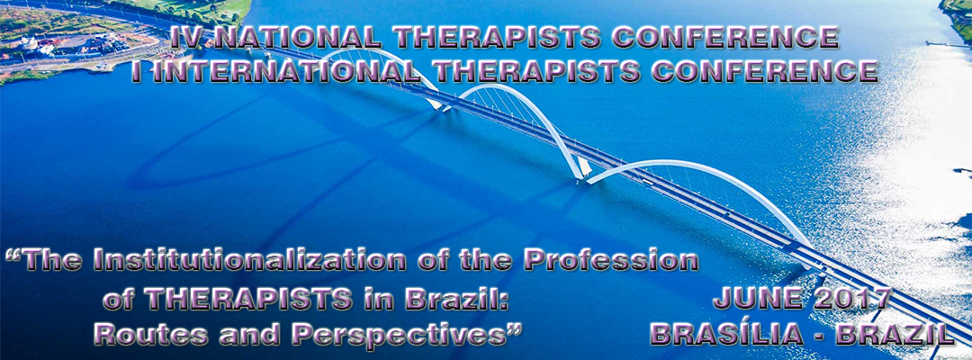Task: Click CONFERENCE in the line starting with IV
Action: (724, 39)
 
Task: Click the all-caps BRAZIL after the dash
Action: (895, 335)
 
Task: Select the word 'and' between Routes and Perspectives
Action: (242, 335)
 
